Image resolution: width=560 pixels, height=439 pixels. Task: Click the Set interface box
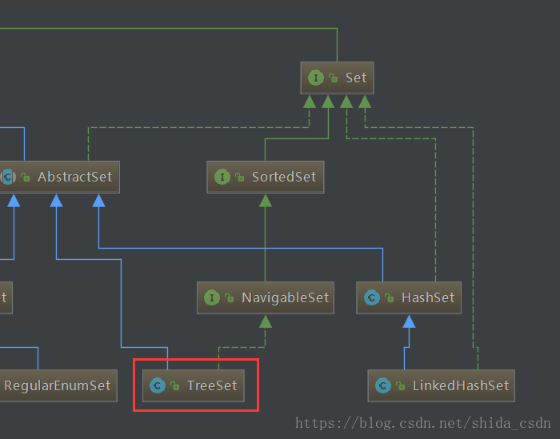click(337, 78)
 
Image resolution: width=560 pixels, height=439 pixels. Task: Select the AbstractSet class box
click(61, 177)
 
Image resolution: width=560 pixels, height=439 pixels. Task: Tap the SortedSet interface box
click(266, 177)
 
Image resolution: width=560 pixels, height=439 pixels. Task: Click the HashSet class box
click(409, 297)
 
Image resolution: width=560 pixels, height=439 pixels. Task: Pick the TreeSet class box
click(195, 385)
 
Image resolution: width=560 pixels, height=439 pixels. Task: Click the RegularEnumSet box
click(57, 385)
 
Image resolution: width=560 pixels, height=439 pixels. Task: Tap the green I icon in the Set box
click(316, 78)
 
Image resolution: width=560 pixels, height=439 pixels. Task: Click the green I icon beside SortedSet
click(222, 177)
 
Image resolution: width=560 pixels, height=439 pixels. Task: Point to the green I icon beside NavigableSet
click(212, 297)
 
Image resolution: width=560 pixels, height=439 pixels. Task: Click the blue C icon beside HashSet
click(371, 297)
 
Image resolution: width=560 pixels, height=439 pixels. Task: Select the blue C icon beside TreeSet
click(157, 385)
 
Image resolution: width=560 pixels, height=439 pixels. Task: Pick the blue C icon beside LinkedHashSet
click(382, 385)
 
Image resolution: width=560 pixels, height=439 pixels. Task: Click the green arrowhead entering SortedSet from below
click(266, 200)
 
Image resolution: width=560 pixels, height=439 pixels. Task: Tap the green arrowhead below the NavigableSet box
click(266, 321)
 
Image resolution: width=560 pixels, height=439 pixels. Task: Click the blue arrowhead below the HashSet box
click(409, 321)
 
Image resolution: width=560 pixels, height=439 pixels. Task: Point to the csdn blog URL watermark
click(422, 423)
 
